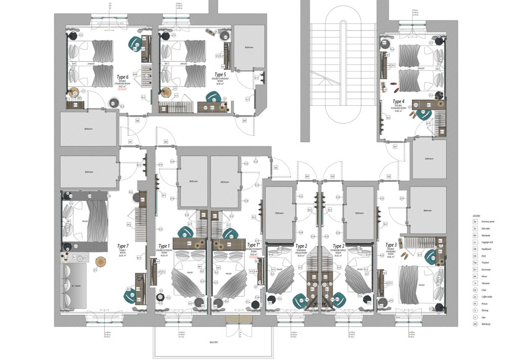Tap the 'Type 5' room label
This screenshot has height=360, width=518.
click(x=221, y=75)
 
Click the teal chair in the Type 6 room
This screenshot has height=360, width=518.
click(x=135, y=43)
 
